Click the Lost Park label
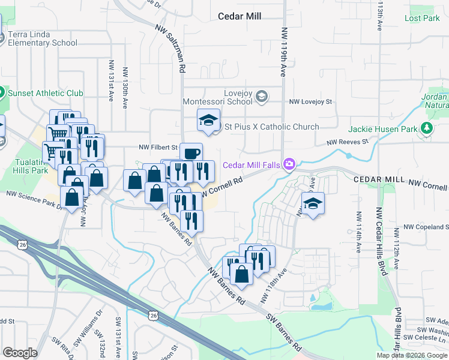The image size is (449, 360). point(422,19)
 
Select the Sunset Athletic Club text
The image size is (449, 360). point(45,93)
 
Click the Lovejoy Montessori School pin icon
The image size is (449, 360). point(261,97)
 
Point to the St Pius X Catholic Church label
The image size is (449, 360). point(271,127)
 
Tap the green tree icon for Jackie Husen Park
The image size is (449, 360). point(427,128)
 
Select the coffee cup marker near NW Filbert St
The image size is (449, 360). point(191,154)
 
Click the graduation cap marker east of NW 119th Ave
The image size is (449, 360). point(313,204)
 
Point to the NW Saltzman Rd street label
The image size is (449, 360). point(169,49)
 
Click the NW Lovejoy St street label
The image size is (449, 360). point(310,102)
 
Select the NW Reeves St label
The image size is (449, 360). point(346,142)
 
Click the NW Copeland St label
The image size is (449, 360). point(425,227)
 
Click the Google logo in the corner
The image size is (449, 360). point(20,353)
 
